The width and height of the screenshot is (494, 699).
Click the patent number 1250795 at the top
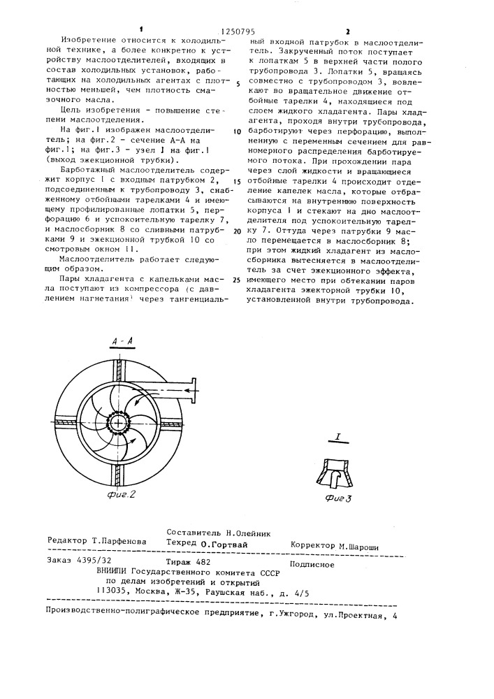pyautogui.click(x=238, y=31)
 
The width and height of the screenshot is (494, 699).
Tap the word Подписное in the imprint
pyautogui.click(x=312, y=561)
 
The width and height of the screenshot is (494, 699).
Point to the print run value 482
pyautogui.click(x=203, y=561)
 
